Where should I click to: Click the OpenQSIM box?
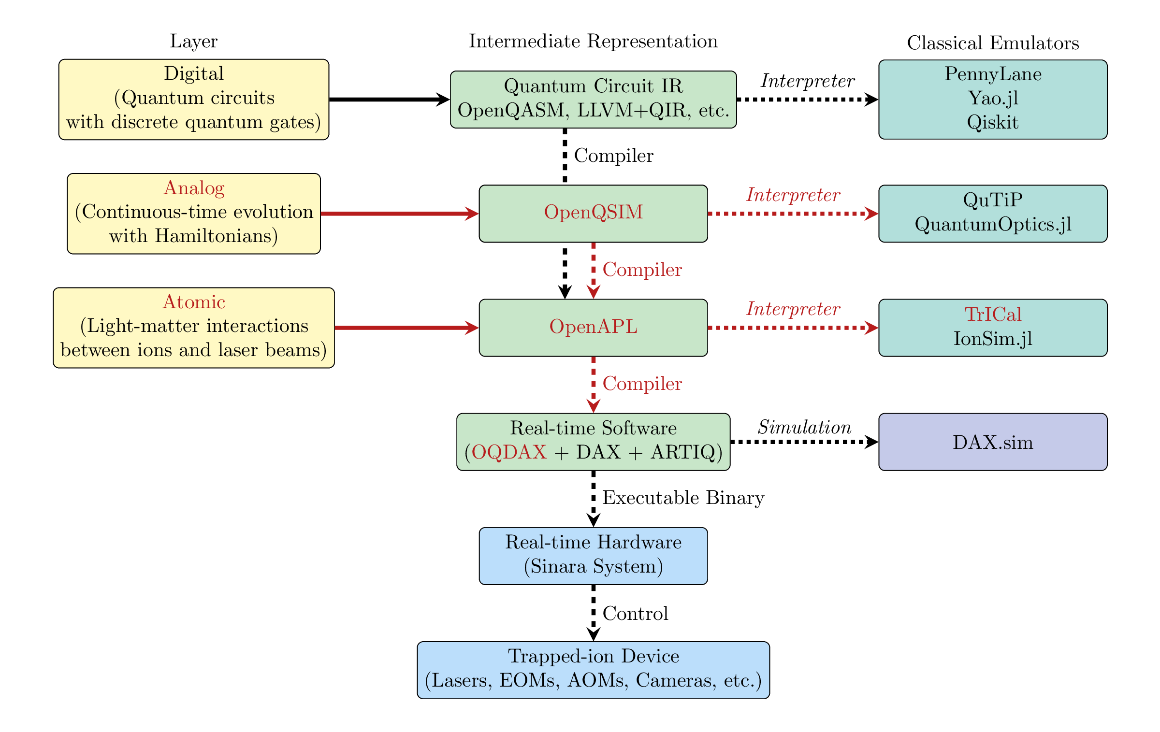point(593,213)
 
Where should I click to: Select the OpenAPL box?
point(593,328)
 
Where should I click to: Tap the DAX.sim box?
point(993,442)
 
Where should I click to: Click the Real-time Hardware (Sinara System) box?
point(593,556)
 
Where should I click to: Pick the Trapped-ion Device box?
point(593,670)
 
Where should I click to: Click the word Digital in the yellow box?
point(194,74)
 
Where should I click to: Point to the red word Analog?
point(194,188)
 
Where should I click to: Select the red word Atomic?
point(194,302)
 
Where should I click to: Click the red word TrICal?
point(993,315)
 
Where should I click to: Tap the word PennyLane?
point(993,74)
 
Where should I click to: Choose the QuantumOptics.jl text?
point(993,224)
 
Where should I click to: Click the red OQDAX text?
point(509,452)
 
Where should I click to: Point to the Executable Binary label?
point(683,498)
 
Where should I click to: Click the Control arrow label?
point(635,614)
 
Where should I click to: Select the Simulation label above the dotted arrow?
point(804,427)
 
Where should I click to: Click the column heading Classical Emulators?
point(993,43)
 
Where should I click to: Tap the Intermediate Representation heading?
point(593,42)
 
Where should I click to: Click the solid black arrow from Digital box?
point(390,100)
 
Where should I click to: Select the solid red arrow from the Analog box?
point(400,213)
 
